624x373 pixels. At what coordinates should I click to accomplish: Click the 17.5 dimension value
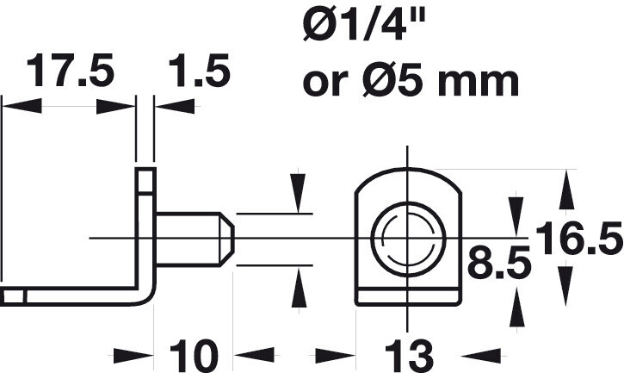click(x=70, y=71)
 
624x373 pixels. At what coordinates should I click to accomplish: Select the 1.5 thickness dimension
click(x=200, y=71)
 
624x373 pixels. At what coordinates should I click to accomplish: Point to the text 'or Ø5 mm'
click(x=411, y=81)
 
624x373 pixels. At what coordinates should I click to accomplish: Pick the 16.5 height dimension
click(x=579, y=239)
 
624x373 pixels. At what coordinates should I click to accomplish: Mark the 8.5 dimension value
click(x=499, y=261)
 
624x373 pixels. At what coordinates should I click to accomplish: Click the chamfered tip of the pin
click(x=227, y=239)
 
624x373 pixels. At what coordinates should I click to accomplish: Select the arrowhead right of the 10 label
click(x=254, y=356)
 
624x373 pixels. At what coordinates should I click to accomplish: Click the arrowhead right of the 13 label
click(x=480, y=356)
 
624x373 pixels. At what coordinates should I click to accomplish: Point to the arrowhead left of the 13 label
click(x=335, y=356)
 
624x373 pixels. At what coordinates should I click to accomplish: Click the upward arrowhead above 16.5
click(x=566, y=190)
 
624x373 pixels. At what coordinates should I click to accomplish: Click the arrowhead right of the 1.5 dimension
click(x=175, y=107)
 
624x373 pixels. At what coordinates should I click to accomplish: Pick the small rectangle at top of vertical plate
click(x=145, y=181)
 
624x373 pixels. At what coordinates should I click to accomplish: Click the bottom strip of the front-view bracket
click(x=408, y=297)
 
